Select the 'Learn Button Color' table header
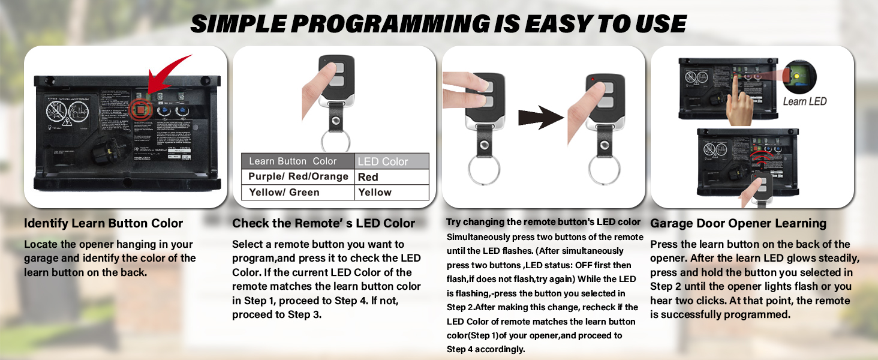(293, 161)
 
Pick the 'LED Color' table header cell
(392, 161)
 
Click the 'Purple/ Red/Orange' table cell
(298, 176)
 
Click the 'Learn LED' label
(804, 101)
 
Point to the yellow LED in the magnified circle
(796, 76)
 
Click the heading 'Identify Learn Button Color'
(104, 223)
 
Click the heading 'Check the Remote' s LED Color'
(323, 223)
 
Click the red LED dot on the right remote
(592, 79)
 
